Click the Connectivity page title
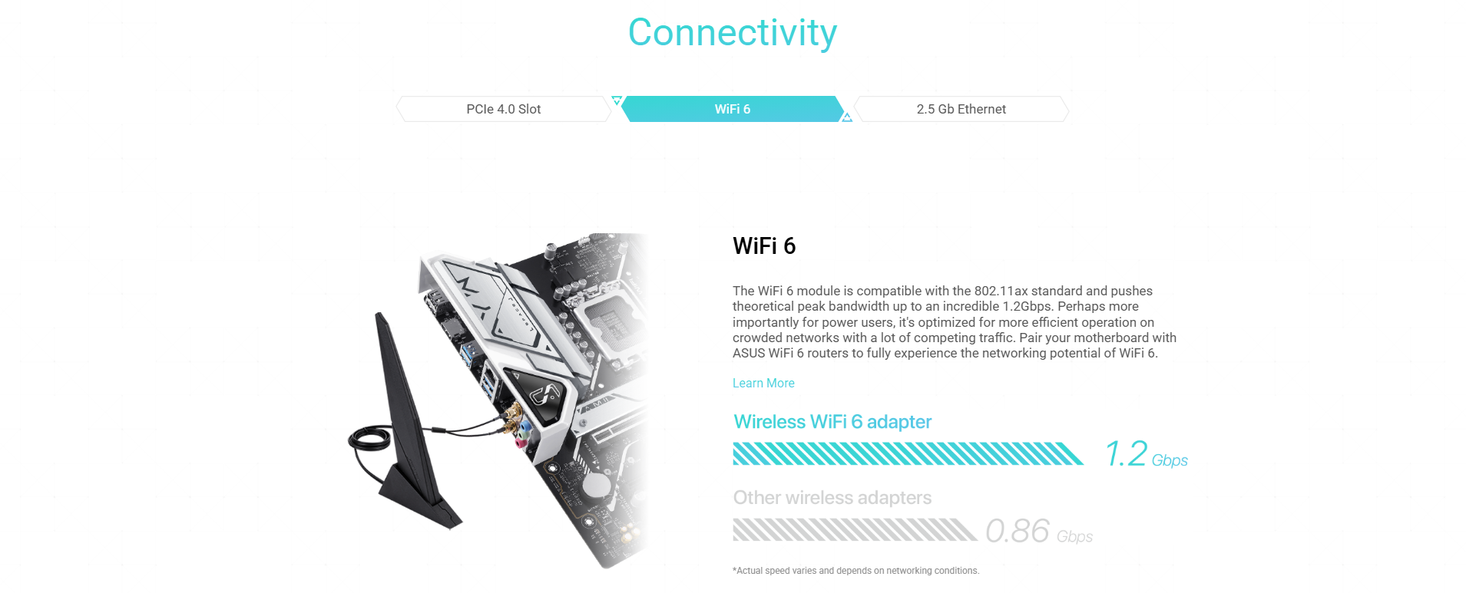tap(733, 33)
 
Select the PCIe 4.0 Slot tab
tap(504, 109)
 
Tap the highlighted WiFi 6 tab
tap(733, 109)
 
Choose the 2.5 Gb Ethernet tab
tap(961, 109)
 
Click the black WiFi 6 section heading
tap(764, 246)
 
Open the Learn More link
tap(763, 383)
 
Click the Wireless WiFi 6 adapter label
tap(832, 422)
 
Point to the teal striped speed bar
tap(908, 453)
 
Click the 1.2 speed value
tap(1127, 453)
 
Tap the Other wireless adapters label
tap(832, 498)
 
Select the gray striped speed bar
tap(855, 529)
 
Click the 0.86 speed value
tap(1018, 531)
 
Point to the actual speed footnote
tap(855, 571)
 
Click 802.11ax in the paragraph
tap(1001, 291)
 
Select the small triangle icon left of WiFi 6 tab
tap(616, 100)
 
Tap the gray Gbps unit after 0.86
tap(1074, 536)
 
